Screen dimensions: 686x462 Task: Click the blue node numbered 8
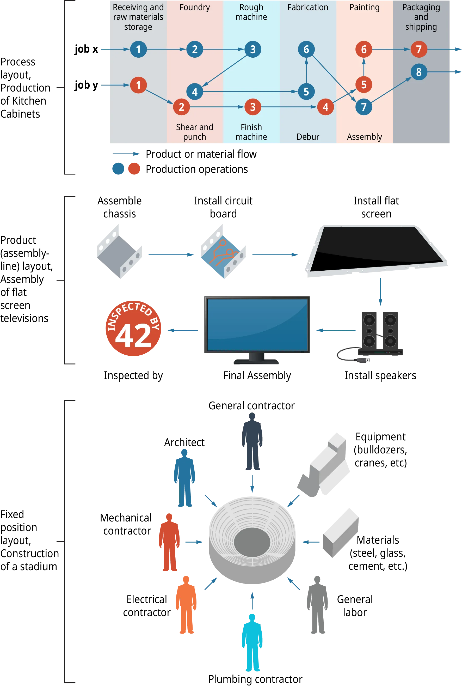coord(419,72)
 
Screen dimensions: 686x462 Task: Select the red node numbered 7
coord(419,49)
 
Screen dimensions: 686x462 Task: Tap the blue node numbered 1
coord(138,49)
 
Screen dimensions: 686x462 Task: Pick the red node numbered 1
coord(138,85)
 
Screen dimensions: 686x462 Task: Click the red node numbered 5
coord(364,84)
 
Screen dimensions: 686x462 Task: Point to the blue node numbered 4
coord(194,92)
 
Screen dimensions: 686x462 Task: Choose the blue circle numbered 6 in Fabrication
coord(306,49)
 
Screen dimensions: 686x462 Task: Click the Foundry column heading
coord(194,7)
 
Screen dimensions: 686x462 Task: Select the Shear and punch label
coord(194,132)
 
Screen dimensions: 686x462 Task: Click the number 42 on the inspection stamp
coord(133,336)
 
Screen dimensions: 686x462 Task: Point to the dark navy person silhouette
coord(252,439)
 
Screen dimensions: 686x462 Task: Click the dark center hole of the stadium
coord(252,542)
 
